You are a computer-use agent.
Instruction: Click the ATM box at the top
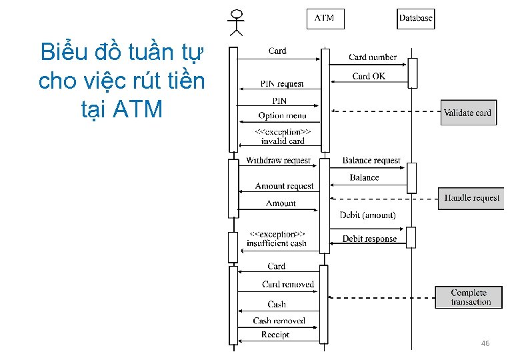(x=325, y=18)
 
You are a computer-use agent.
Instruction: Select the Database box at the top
(x=415, y=18)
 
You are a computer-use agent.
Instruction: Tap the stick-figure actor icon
(x=236, y=22)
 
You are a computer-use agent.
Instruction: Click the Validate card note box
(x=467, y=113)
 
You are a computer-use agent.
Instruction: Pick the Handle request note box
(x=472, y=198)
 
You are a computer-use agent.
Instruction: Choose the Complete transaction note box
(x=471, y=297)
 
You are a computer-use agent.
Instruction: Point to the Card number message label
(x=373, y=57)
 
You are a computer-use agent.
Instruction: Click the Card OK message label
(x=369, y=76)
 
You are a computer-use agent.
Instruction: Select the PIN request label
(x=282, y=84)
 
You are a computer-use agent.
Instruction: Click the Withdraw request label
(x=278, y=161)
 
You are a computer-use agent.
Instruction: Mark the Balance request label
(x=371, y=161)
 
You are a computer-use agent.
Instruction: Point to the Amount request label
(x=284, y=186)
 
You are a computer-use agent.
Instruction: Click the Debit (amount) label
(x=367, y=215)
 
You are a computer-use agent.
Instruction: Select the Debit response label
(x=369, y=239)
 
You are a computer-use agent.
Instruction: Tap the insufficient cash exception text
(x=277, y=243)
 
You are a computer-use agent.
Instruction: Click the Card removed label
(x=288, y=284)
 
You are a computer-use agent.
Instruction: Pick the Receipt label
(x=275, y=335)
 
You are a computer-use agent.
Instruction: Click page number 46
(x=485, y=343)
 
